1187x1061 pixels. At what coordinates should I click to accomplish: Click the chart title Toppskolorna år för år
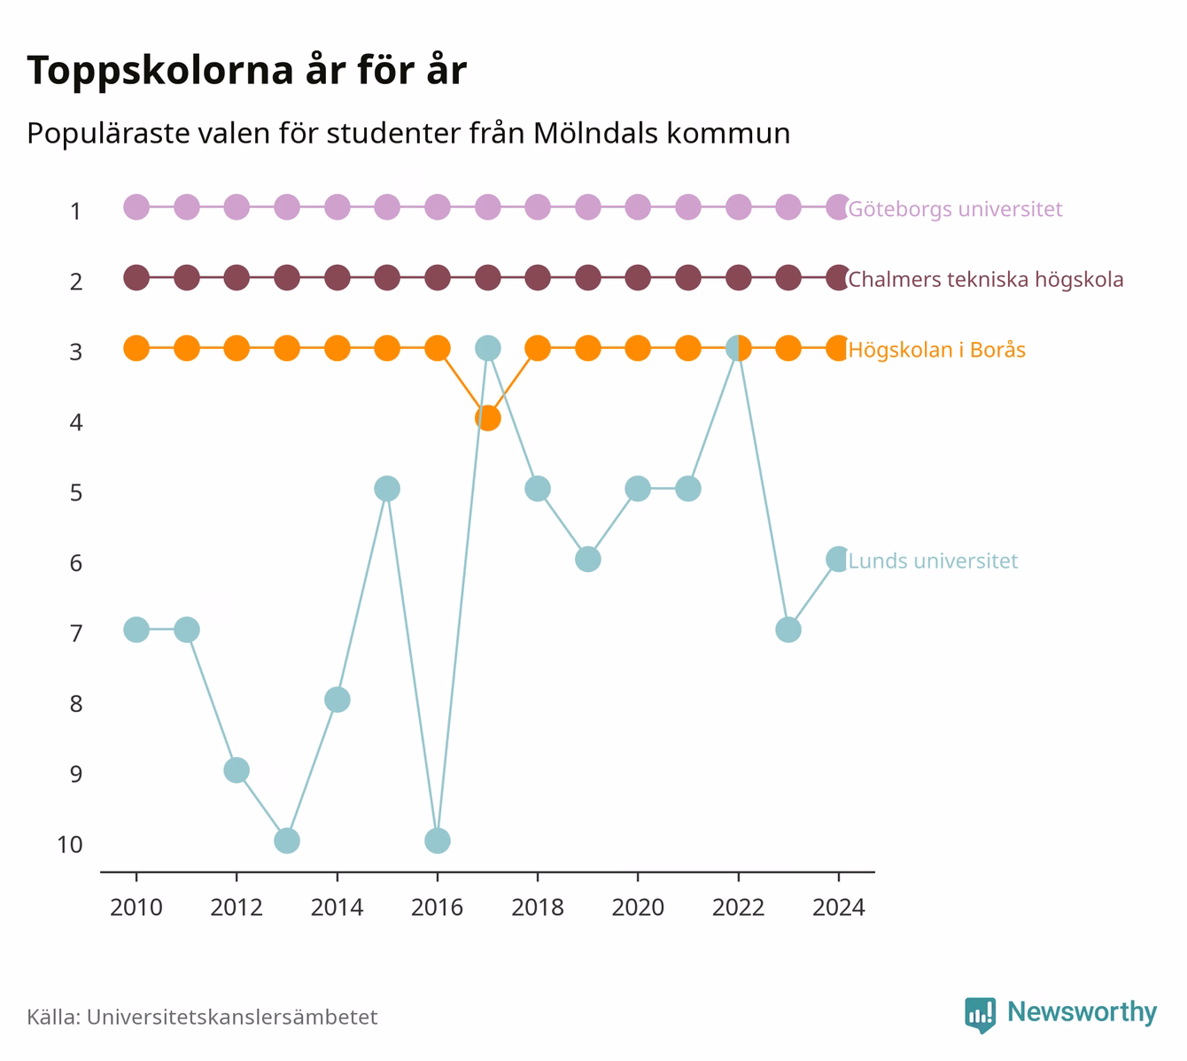[x=246, y=70]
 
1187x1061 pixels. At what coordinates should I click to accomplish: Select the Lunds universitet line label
[x=933, y=561]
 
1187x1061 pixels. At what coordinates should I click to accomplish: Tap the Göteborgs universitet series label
[x=955, y=208]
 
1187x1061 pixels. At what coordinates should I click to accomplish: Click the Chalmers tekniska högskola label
[x=985, y=279]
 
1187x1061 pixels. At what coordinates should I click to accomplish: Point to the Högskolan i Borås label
[x=937, y=349]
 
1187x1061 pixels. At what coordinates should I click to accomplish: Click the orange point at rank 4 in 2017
[x=487, y=418]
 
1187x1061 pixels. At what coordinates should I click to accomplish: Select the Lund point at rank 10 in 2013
[x=287, y=840]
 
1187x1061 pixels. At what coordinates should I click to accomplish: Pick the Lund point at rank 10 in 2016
[x=437, y=840]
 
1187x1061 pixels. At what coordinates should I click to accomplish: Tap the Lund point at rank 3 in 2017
[x=487, y=348]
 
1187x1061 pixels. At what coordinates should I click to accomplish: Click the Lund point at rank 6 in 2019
[x=587, y=560]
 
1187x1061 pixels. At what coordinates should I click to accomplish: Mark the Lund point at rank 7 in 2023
[x=788, y=630]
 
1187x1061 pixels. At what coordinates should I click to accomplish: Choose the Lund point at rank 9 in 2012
[x=237, y=770]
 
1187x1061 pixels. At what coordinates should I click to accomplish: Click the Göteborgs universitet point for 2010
[x=136, y=207]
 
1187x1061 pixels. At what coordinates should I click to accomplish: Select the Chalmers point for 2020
[x=638, y=278]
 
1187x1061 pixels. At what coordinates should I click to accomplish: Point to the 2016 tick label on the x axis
[x=437, y=908]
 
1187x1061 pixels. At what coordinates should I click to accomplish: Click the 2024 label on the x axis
[x=838, y=908]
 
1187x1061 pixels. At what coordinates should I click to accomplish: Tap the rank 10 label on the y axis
[x=70, y=845]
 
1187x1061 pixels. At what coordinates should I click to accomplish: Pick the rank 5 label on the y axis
[x=76, y=492]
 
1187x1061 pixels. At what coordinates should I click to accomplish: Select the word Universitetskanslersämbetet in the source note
[x=232, y=1018]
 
